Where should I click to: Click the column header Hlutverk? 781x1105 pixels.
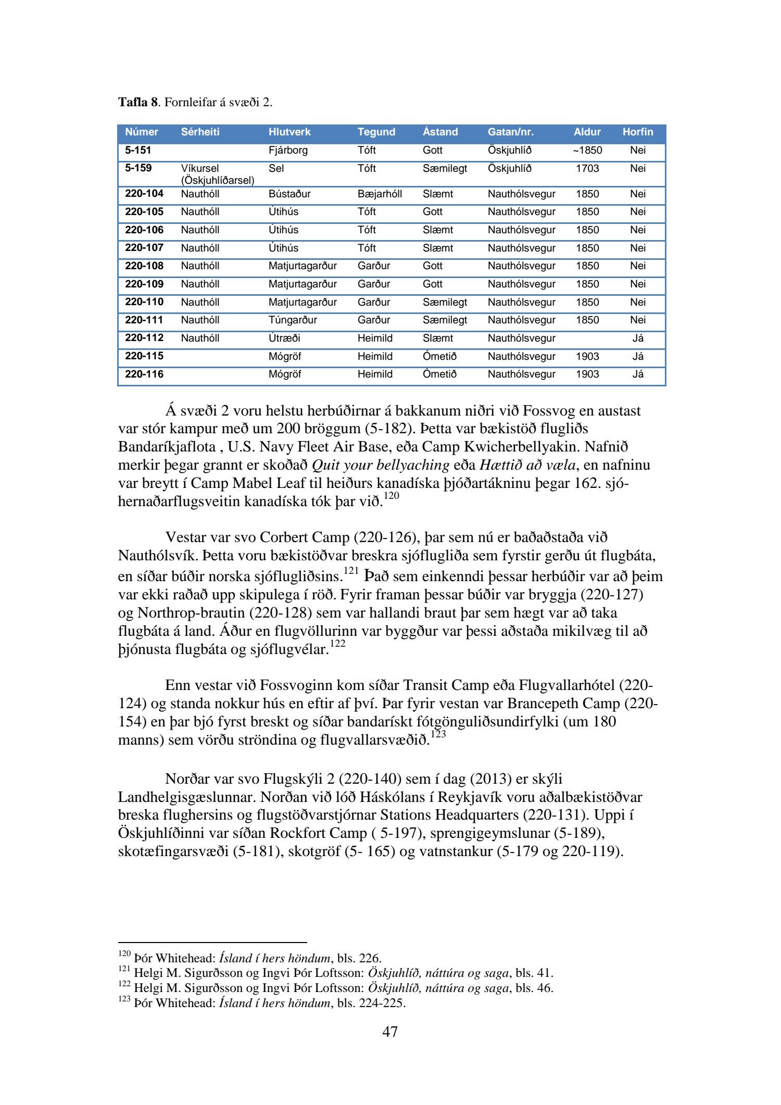coord(289,132)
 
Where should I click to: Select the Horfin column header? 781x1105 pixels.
coord(637,132)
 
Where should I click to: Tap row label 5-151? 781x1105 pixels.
coord(138,150)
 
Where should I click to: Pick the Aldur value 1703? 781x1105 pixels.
coord(587,169)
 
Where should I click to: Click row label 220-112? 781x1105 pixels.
coord(144,338)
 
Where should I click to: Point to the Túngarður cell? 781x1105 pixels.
coord(293,320)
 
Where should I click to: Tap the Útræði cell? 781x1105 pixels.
coord(284,338)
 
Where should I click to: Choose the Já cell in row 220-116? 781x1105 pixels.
coord(637,374)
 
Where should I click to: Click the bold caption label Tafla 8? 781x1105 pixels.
coord(137,102)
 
